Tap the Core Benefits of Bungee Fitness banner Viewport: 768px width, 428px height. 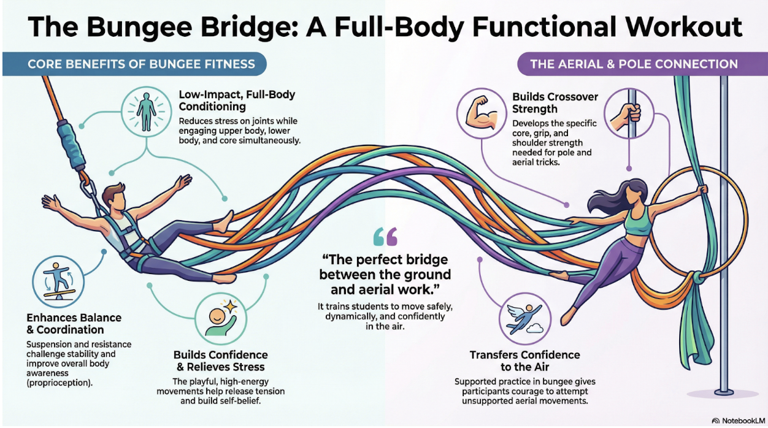click(134, 64)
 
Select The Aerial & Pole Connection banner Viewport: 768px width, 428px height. click(642, 64)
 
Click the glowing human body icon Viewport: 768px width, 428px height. click(147, 112)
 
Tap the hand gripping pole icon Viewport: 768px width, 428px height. click(629, 113)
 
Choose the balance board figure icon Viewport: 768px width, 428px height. click(58, 281)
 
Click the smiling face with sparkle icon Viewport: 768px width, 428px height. click(221, 319)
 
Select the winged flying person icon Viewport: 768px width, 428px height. click(525, 319)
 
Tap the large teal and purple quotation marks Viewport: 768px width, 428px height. click(385, 237)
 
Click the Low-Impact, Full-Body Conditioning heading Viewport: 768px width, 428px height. click(237, 101)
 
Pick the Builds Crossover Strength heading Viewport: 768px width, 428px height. click(555, 103)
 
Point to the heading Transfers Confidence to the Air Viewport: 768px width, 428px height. click(525, 361)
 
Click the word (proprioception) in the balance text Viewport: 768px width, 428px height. click(60, 383)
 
